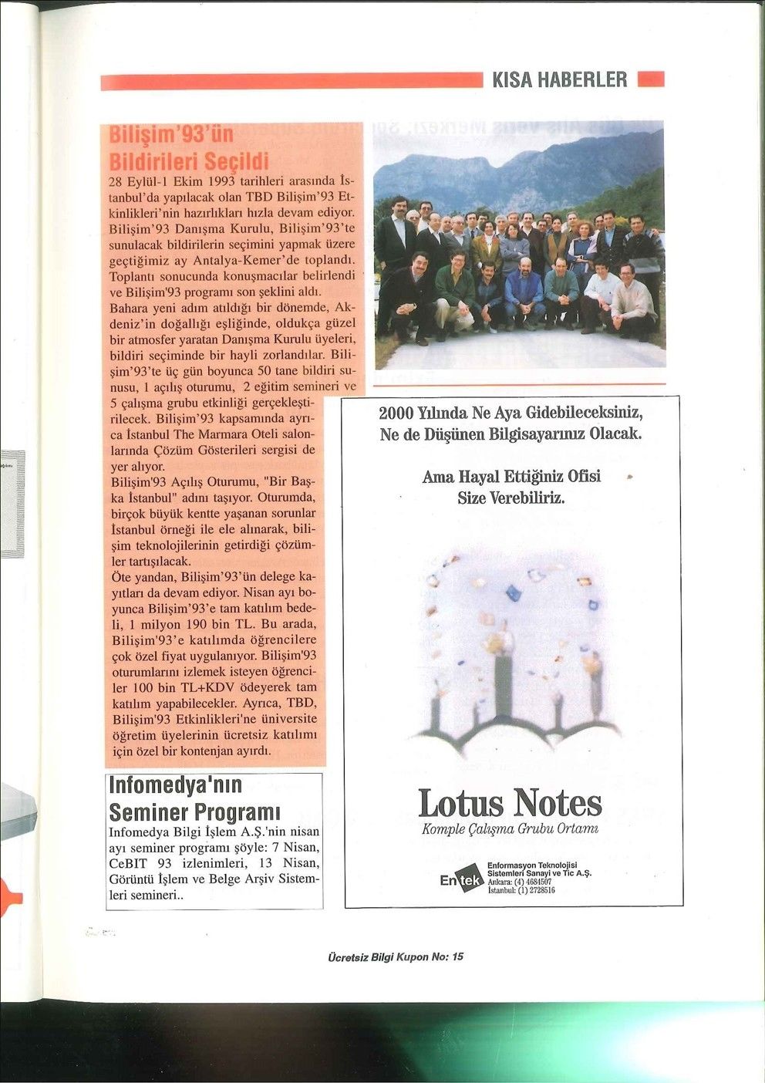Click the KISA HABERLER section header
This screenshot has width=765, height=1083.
(559, 79)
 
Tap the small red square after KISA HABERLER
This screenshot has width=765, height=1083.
(651, 79)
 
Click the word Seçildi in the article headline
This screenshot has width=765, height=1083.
(232, 162)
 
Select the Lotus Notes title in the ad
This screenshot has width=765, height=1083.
(510, 803)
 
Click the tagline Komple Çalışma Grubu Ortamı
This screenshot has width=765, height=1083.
(511, 830)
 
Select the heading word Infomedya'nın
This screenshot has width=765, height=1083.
(176, 785)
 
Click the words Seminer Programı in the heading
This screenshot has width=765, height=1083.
(194, 812)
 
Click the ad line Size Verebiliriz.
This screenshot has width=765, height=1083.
(511, 498)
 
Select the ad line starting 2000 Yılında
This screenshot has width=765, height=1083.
(511, 412)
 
